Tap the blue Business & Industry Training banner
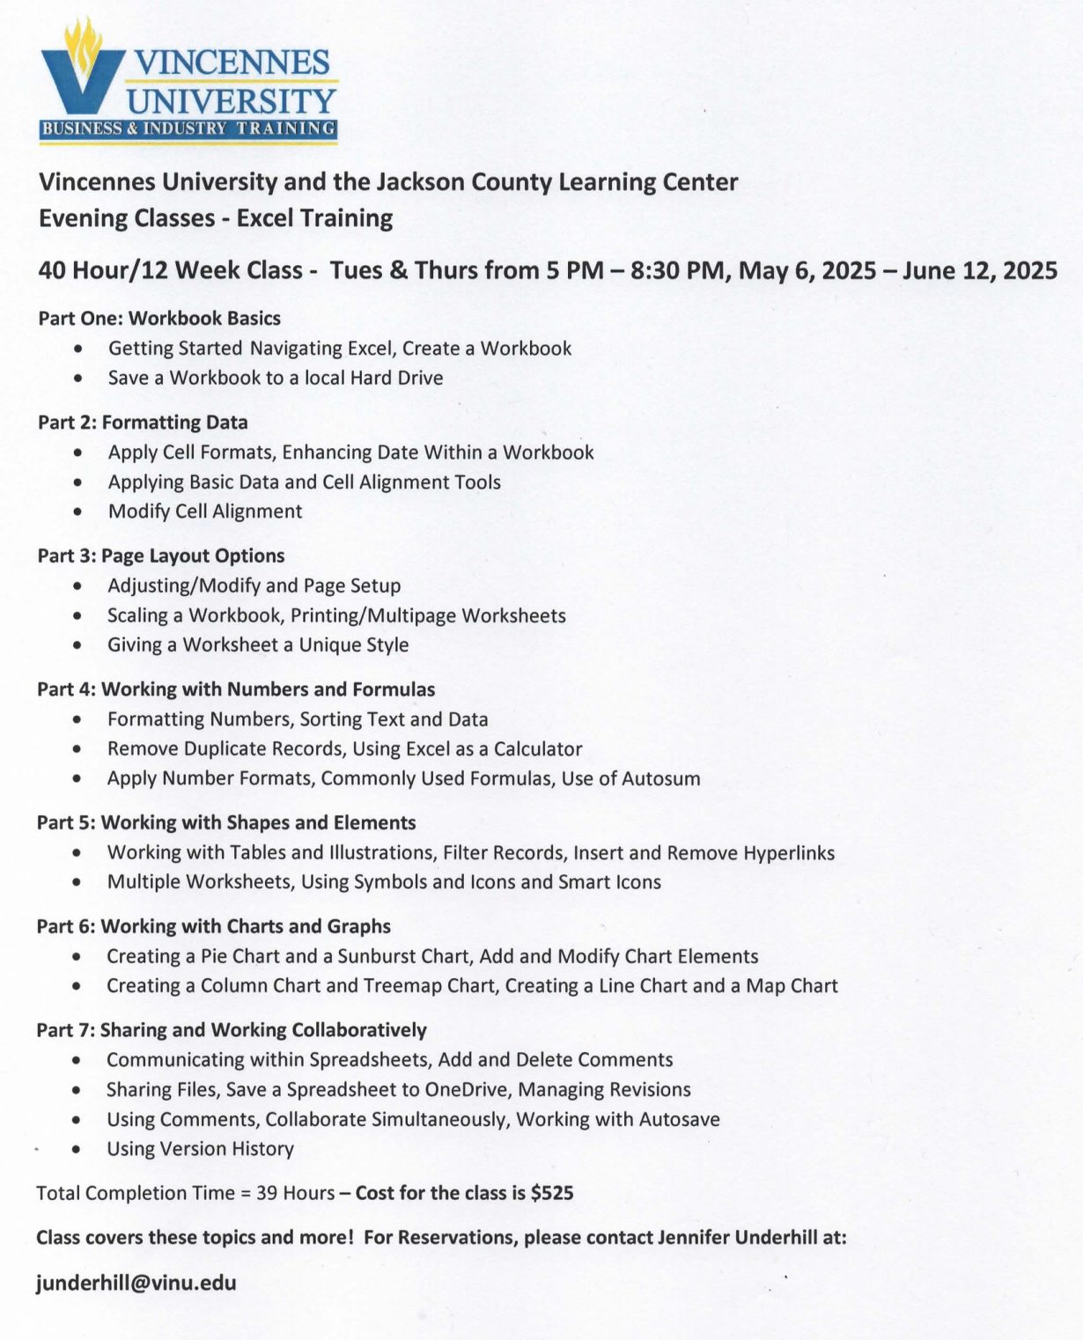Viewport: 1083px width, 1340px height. tap(188, 129)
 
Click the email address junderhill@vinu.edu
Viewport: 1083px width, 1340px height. tap(136, 1282)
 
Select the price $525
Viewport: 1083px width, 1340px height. tap(552, 1193)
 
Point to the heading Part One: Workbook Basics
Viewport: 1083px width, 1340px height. tap(159, 319)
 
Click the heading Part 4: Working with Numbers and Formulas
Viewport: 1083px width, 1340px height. tap(236, 689)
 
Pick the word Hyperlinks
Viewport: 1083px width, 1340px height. tap(789, 852)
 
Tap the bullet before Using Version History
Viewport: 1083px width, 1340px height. tap(78, 1149)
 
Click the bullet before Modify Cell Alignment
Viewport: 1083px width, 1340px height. tap(79, 512)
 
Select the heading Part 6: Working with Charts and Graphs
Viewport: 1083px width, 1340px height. tap(213, 926)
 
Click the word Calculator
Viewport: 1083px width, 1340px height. tap(538, 748)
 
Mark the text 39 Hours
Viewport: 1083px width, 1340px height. tap(295, 1193)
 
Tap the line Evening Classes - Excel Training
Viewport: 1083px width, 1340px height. tap(216, 217)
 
